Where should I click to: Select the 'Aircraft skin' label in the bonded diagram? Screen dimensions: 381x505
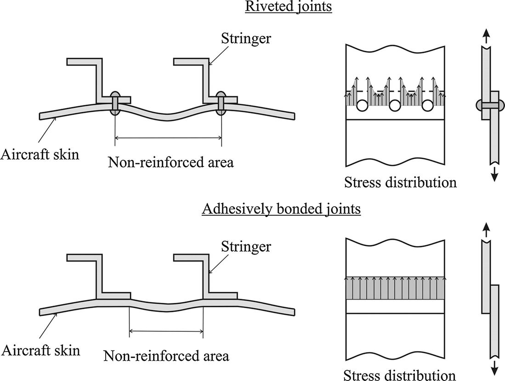point(40,350)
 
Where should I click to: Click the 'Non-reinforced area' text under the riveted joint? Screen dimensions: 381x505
point(170,162)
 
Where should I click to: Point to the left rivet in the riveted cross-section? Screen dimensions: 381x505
point(115,103)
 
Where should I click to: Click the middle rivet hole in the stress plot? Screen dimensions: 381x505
point(395,106)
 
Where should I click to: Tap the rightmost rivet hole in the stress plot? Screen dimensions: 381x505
point(427,106)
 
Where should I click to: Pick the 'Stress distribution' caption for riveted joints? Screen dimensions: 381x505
point(400,182)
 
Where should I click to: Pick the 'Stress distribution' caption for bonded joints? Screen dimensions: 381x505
point(400,374)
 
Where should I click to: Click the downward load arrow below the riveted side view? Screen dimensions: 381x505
point(494,174)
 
